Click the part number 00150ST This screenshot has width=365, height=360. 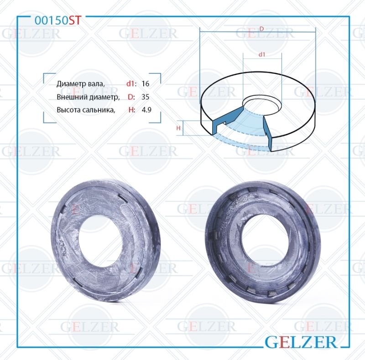pyautogui.click(x=58, y=21)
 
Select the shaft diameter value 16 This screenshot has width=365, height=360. pyautogui.click(x=145, y=83)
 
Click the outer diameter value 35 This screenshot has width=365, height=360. pyautogui.click(x=145, y=97)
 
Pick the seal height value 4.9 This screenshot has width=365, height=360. pyautogui.click(x=146, y=109)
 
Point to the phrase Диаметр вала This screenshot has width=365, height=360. pyautogui.click(x=81, y=84)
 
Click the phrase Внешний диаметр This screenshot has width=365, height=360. pyautogui.click(x=88, y=97)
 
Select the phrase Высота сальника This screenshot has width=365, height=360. pyautogui.click(x=86, y=110)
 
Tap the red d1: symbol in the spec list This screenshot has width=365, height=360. pyautogui.click(x=131, y=83)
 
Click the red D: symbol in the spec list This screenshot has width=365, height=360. pyautogui.click(x=131, y=97)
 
